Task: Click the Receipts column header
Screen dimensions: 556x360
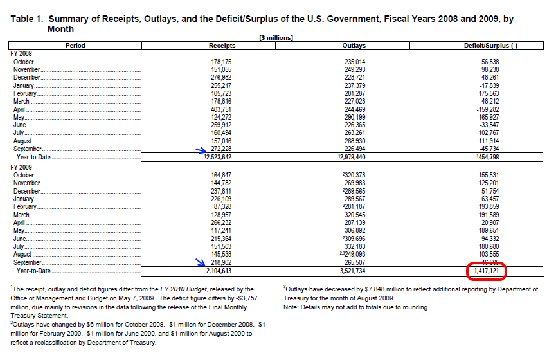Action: (222, 46)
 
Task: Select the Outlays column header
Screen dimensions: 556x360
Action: (354, 46)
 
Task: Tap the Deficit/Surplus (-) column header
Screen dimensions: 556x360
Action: (490, 46)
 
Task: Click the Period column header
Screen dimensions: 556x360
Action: (75, 46)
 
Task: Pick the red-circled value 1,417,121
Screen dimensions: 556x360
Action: (487, 271)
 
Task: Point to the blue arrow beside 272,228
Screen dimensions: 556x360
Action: (201, 150)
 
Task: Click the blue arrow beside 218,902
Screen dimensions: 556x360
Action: (201, 262)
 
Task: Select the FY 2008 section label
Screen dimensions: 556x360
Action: (21, 53)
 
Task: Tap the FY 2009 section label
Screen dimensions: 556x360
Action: (21, 167)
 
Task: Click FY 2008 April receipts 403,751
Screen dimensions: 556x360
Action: (221, 109)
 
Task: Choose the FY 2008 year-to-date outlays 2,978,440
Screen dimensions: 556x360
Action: (353, 157)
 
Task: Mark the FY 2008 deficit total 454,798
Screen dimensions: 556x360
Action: (489, 157)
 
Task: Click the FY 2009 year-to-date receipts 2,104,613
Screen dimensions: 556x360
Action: (219, 271)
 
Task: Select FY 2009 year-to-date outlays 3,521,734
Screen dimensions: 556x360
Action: (352, 271)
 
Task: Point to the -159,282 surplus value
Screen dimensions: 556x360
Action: (488, 109)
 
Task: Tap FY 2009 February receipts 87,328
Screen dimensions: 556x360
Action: (223, 206)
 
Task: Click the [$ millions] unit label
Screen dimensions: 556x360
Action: (276, 37)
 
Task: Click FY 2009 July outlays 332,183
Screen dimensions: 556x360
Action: (355, 246)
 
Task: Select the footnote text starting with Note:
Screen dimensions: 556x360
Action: (356, 307)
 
